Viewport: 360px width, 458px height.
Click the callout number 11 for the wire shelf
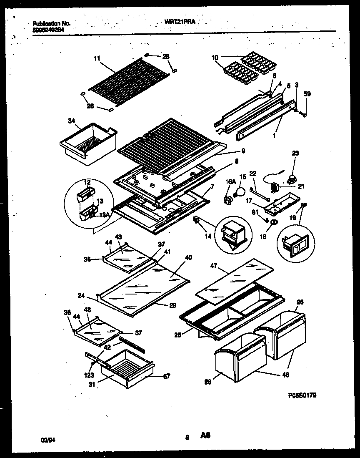pos(97,59)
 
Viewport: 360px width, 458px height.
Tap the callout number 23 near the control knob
pos(295,153)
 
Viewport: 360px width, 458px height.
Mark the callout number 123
pos(91,375)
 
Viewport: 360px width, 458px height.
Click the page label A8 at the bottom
pos(205,436)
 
